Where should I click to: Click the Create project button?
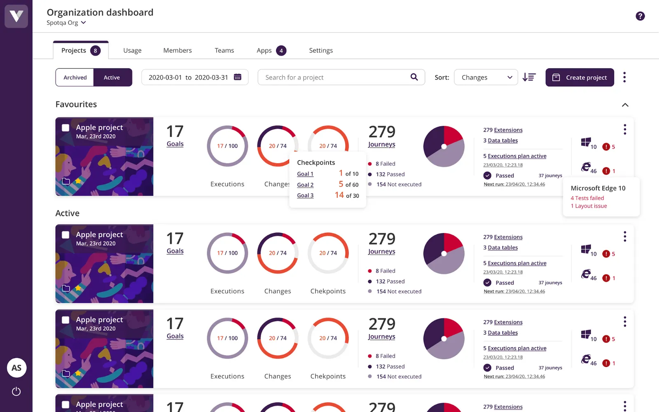coord(580,77)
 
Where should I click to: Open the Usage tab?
coord(132,50)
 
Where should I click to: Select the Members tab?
coord(178,50)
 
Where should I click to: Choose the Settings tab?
coord(321,50)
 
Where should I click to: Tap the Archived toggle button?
coord(75,77)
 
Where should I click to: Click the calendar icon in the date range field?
coord(238,77)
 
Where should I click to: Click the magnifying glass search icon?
coord(414,77)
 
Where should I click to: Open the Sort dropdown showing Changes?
coord(486,77)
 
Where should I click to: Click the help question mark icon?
coord(640,16)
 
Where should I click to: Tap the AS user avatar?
coord(16,368)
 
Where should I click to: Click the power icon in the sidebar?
coord(16,391)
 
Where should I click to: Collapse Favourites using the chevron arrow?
coord(625,105)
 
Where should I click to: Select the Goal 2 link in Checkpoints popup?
coord(305,185)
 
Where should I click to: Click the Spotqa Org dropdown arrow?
coord(84,23)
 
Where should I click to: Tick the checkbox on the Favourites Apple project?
coord(65,128)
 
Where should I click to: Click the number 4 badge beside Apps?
coord(281,51)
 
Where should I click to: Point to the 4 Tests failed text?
coord(587,198)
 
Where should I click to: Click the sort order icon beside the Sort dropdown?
coord(529,77)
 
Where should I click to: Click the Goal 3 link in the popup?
coord(305,196)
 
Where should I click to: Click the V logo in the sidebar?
coord(16,16)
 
